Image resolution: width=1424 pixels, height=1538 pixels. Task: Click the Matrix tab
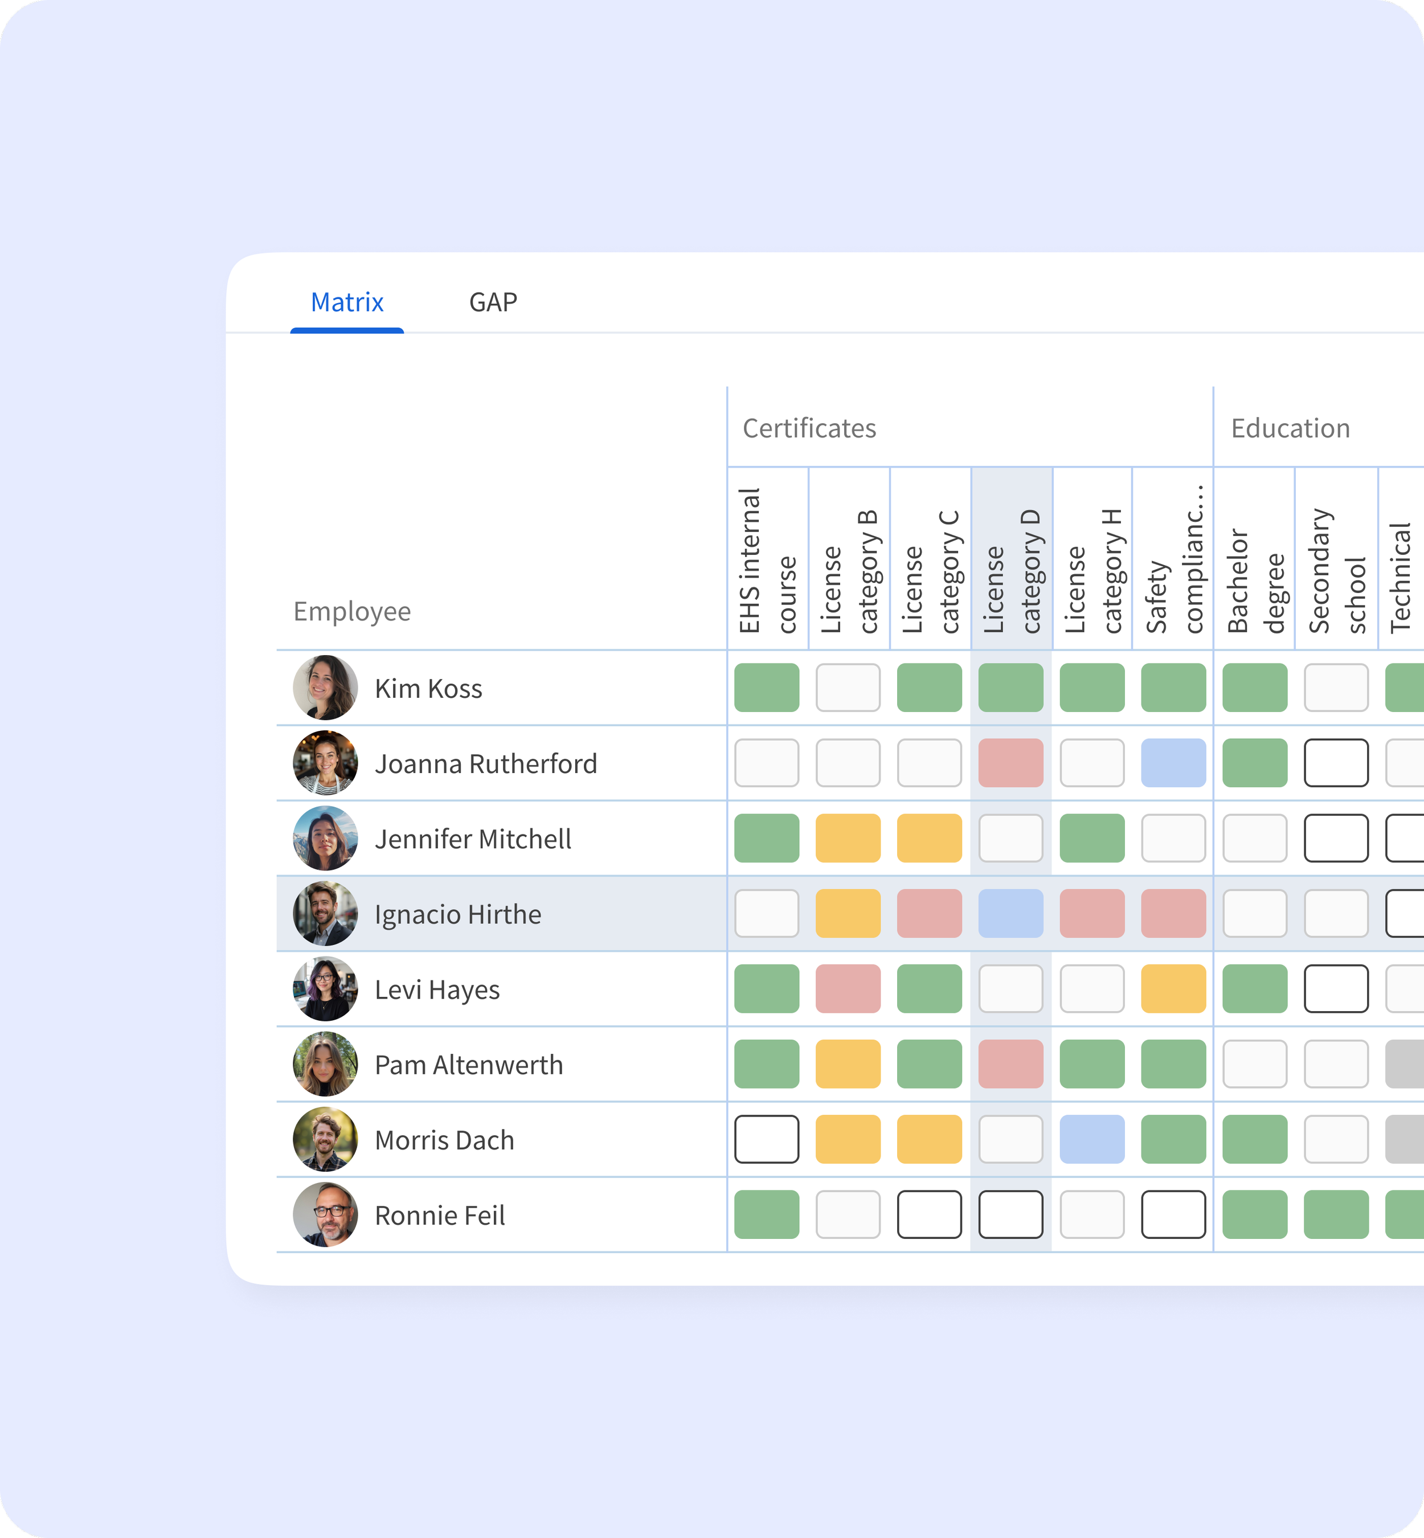click(x=347, y=302)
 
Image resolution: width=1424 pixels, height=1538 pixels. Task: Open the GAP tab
click(x=493, y=302)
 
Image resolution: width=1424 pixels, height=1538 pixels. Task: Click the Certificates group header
click(x=809, y=428)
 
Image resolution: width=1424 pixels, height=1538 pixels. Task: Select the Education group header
click(x=1290, y=428)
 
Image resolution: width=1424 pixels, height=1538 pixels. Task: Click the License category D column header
click(x=1011, y=570)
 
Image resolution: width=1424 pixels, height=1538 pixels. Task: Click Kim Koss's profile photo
click(x=325, y=688)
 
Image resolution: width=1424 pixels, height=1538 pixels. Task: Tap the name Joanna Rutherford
click(x=485, y=764)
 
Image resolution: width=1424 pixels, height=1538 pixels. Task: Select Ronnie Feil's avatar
click(x=325, y=1214)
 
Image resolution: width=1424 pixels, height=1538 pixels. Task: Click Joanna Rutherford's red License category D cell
click(x=1010, y=763)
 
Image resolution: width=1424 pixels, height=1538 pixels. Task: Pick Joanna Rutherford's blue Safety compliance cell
click(x=1173, y=763)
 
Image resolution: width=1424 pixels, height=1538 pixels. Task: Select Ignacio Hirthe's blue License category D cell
click(x=1010, y=913)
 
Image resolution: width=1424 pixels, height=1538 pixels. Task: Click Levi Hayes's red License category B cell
click(x=848, y=989)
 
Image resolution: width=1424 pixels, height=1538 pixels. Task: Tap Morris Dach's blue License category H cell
click(x=1092, y=1139)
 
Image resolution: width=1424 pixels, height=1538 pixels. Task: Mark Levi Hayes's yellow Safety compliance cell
click(x=1173, y=989)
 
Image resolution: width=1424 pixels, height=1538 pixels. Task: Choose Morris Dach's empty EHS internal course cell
click(x=767, y=1139)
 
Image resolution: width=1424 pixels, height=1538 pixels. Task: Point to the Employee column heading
click(x=352, y=611)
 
